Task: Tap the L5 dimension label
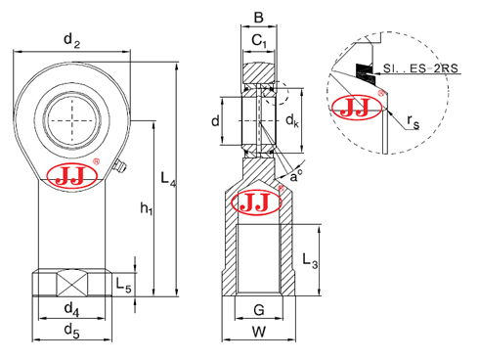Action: [x=123, y=284]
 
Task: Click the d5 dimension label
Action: [x=70, y=331]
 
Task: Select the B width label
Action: [x=258, y=16]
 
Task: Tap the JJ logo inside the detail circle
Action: [x=357, y=108]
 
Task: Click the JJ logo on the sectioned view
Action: [x=253, y=202]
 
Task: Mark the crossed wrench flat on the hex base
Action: [x=70, y=285]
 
